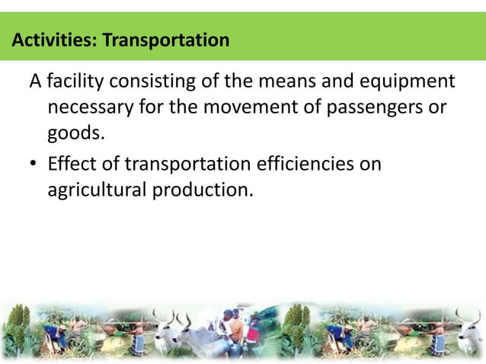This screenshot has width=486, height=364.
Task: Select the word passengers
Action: [x=372, y=107]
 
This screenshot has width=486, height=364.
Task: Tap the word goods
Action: [x=74, y=134]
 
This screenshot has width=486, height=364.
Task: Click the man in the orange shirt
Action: [x=237, y=328]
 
